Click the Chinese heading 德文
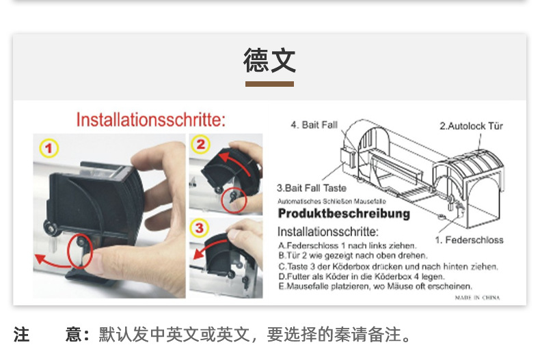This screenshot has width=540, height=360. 269,61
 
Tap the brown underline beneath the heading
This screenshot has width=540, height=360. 269,84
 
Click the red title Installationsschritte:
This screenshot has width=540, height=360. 150,120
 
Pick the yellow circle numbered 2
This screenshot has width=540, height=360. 200,144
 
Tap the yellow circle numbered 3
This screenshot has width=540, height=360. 198,227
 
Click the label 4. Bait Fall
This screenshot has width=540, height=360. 314,125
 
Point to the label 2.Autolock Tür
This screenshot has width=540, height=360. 471,126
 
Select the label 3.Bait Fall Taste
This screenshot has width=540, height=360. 311,187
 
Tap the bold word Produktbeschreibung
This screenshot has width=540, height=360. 344,214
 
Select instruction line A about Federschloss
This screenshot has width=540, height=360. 347,245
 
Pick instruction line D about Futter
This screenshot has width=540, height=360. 361,276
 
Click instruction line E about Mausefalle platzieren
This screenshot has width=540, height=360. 375,286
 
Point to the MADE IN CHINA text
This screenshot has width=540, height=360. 477,297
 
